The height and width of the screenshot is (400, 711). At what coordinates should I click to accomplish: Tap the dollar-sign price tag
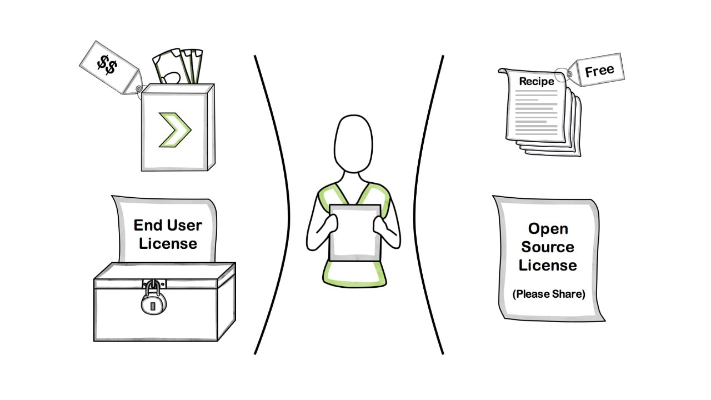click(x=108, y=66)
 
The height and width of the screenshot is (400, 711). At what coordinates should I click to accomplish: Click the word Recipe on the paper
click(x=536, y=81)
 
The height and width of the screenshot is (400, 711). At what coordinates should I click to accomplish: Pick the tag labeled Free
click(x=599, y=71)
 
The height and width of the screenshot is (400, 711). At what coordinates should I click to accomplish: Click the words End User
click(x=168, y=225)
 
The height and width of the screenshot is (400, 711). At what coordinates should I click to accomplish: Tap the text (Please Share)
click(x=549, y=294)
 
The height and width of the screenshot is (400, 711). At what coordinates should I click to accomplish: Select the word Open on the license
click(x=548, y=229)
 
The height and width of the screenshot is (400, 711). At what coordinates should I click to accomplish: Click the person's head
click(x=353, y=143)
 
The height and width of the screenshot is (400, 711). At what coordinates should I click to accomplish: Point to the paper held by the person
click(x=354, y=232)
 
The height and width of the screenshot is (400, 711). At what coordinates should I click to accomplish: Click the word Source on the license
click(x=548, y=247)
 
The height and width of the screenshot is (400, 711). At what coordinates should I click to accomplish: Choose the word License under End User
click(x=168, y=243)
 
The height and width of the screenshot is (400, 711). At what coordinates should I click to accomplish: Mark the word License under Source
click(x=548, y=266)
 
